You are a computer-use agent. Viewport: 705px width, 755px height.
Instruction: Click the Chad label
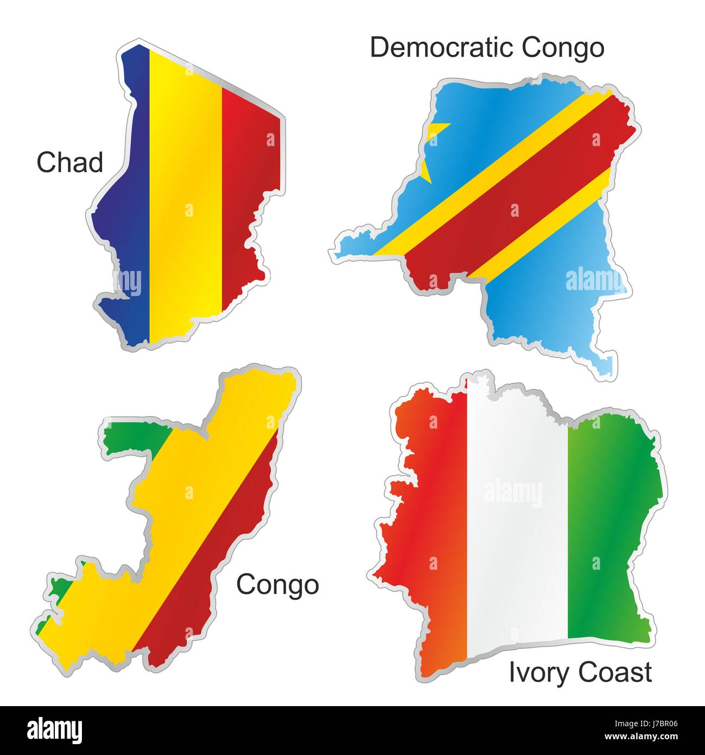click(69, 162)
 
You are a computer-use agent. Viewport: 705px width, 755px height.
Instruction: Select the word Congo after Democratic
click(563, 48)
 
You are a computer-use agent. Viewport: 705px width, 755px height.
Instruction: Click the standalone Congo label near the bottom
click(277, 584)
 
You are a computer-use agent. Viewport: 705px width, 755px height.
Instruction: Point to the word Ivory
click(539, 672)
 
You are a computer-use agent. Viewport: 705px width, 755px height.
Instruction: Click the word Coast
click(614, 672)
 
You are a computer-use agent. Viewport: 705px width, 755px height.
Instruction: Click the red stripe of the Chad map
click(250, 190)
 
